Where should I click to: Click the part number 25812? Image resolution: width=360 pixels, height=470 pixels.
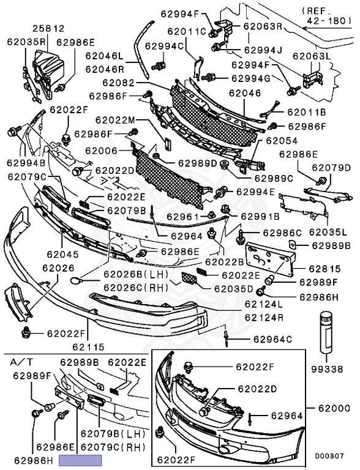(x=48, y=29)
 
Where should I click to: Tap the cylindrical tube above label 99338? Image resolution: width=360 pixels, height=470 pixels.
(x=326, y=333)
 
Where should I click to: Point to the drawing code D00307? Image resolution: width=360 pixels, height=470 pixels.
(x=329, y=457)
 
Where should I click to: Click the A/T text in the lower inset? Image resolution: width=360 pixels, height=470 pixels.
(x=22, y=362)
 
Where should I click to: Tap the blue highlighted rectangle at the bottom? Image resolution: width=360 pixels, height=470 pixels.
(x=80, y=460)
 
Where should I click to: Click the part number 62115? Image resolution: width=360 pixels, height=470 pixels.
(x=89, y=347)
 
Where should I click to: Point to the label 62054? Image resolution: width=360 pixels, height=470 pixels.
(x=282, y=141)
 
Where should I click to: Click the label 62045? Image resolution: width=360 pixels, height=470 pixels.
(x=62, y=254)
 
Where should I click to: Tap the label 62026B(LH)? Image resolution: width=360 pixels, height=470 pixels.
(x=136, y=274)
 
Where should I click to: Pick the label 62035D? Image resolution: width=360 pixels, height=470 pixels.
(x=234, y=289)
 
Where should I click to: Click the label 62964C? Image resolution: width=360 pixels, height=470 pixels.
(x=272, y=339)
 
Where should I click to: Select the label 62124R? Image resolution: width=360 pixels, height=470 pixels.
(x=264, y=317)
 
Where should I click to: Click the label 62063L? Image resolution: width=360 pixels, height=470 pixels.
(x=312, y=56)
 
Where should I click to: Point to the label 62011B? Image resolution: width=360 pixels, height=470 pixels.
(x=307, y=112)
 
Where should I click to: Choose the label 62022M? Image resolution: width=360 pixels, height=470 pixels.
(x=116, y=120)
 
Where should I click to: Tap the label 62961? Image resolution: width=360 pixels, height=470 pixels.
(x=182, y=217)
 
